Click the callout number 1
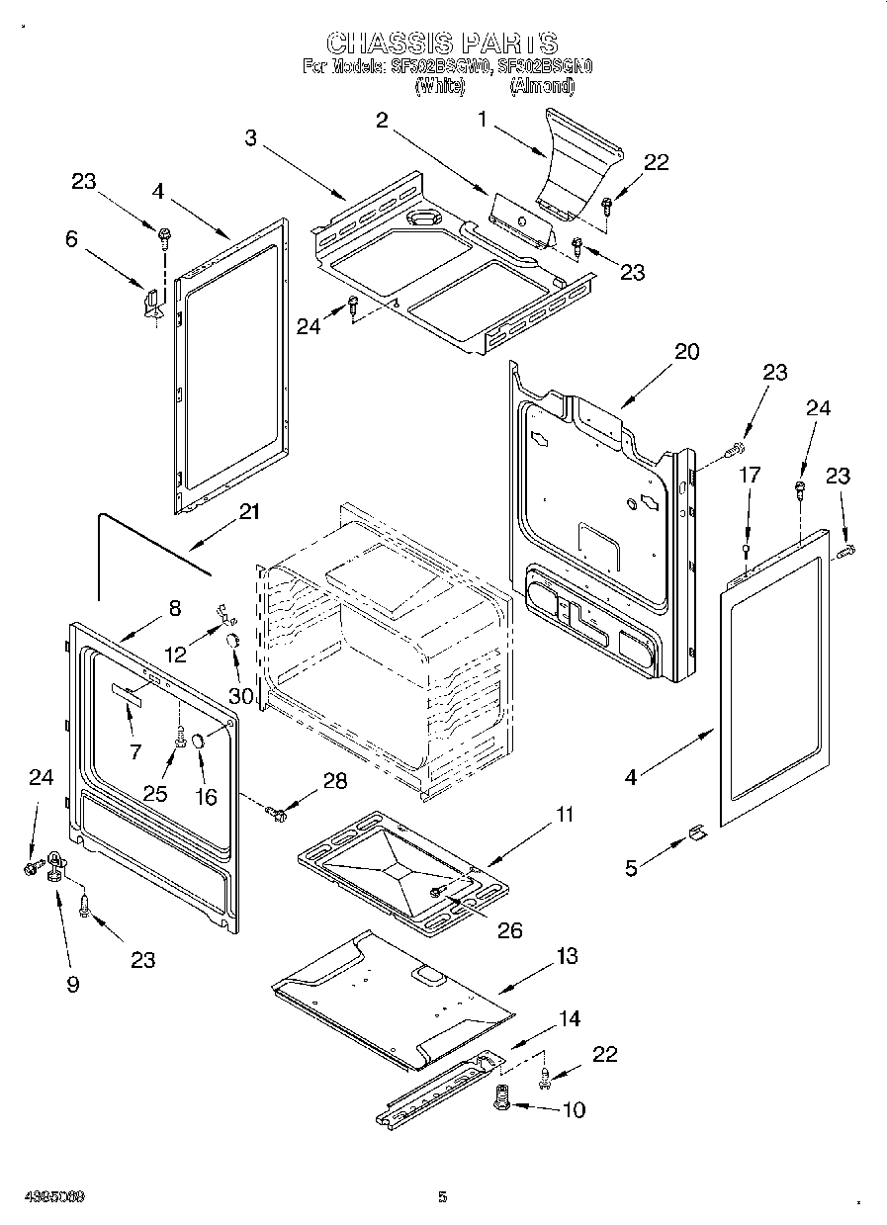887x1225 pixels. coord(483,121)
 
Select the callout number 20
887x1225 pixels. coord(687,351)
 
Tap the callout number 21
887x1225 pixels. coord(249,511)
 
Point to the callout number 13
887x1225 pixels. coord(567,956)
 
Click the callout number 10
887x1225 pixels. coord(573,1109)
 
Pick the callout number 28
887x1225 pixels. coord(335,781)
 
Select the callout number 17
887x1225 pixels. coord(750,476)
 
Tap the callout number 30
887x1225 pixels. coord(241,695)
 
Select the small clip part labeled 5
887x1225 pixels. coord(696,834)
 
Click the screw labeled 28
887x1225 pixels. coord(276,814)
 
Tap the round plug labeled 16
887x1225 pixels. coord(197,741)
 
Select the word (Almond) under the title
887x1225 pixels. coord(541,86)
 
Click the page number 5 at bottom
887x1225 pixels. coord(443,1197)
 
